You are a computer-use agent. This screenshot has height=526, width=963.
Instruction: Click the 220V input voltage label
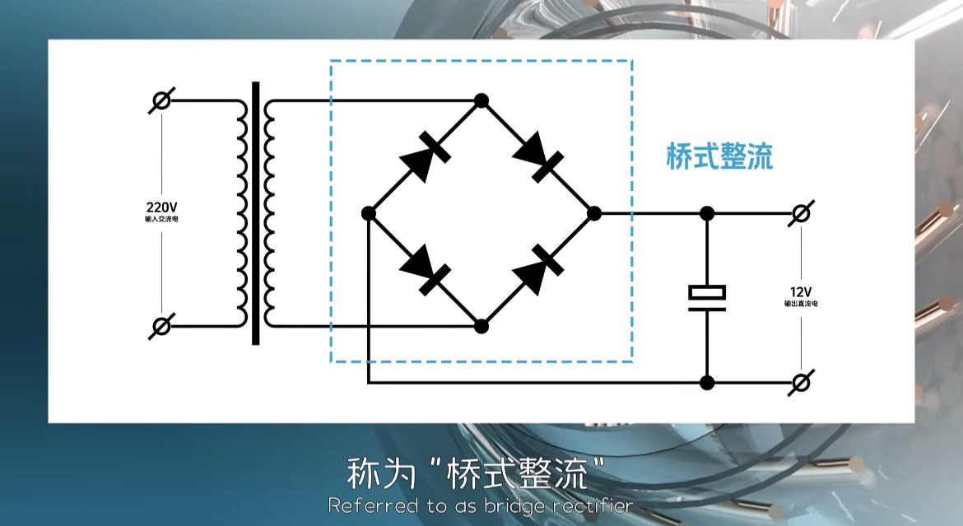click(161, 207)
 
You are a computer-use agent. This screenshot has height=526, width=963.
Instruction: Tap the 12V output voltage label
click(801, 292)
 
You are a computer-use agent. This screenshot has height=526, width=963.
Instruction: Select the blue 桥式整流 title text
click(719, 156)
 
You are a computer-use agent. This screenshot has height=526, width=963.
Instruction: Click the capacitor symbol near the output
click(707, 298)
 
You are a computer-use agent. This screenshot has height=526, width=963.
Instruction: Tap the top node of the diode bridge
click(481, 101)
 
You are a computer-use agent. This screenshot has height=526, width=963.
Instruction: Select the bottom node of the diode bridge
click(481, 326)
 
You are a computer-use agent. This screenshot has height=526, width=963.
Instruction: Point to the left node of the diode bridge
click(369, 213)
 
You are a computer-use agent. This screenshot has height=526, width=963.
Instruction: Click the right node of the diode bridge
click(594, 213)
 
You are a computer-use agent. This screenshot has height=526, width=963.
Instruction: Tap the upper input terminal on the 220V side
click(162, 101)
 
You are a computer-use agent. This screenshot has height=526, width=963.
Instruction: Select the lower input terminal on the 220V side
click(162, 326)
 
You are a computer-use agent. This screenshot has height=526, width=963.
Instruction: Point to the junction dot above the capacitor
click(707, 213)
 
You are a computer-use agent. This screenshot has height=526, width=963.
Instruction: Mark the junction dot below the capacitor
click(707, 383)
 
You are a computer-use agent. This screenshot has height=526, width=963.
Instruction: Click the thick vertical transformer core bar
click(256, 213)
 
